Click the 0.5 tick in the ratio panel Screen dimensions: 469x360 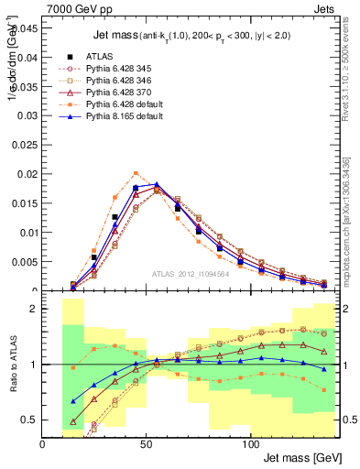[30, 420]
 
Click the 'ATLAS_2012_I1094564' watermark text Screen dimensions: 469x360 [191, 274]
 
